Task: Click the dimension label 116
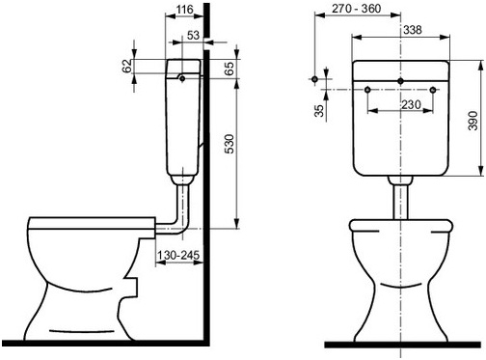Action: pos(184,10)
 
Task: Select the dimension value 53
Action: pos(193,35)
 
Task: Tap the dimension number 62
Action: pos(127,66)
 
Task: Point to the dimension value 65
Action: pos(229,69)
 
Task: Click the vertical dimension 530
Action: pos(229,144)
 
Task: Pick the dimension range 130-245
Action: pos(178,256)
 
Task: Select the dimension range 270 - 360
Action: pos(357,9)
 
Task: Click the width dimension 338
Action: pos(413,30)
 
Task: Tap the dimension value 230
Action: pos(411,104)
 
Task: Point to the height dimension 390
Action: pos(472,121)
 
